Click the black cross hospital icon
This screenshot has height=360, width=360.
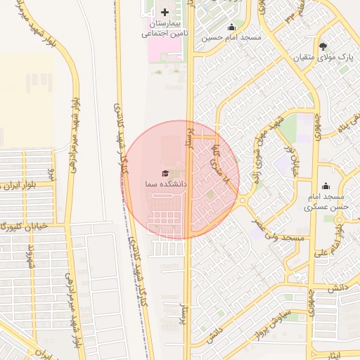[165, 12]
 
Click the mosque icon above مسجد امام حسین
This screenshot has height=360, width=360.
[231, 27]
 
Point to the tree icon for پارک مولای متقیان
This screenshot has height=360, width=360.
[323, 46]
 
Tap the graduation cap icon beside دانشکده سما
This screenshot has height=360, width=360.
[166, 173]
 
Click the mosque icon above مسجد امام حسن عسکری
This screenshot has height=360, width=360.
[326, 186]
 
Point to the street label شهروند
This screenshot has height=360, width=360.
[30, 261]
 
